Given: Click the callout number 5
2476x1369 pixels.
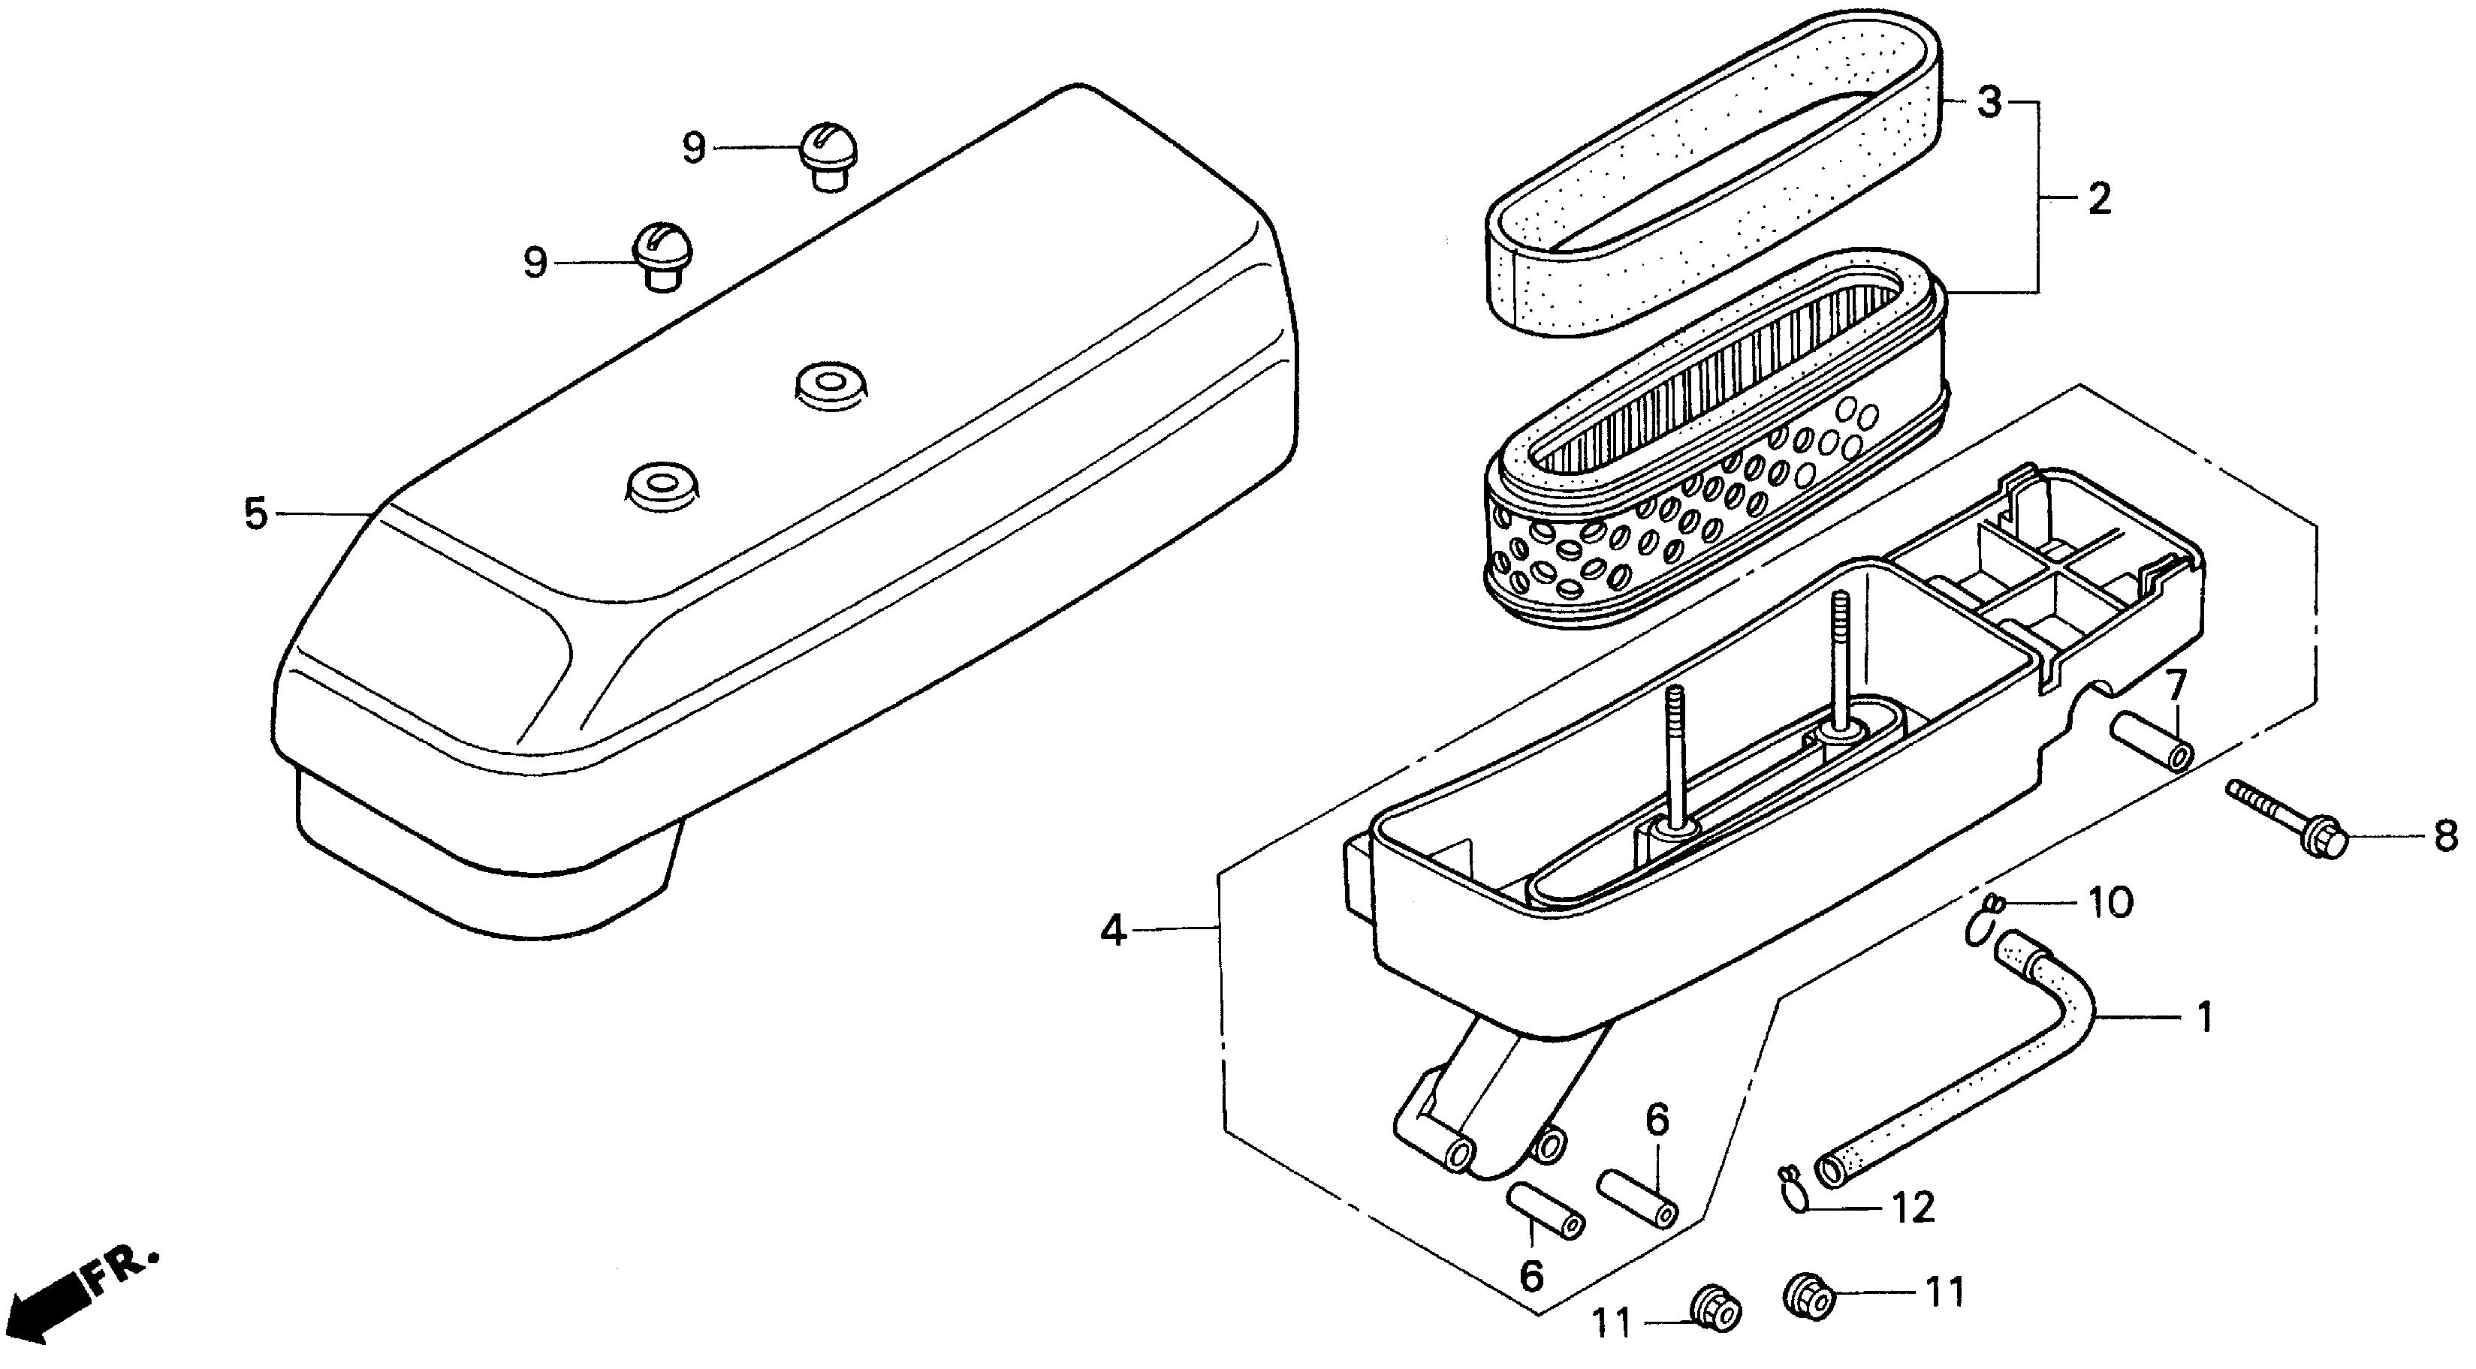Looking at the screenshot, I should point(255,515).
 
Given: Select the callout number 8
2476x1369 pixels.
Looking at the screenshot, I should point(2446,836).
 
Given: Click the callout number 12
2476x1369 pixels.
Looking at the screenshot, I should point(1913,1208).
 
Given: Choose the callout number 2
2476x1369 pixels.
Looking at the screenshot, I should point(2098,199).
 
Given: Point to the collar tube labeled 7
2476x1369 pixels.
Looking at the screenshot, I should point(2153,742).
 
